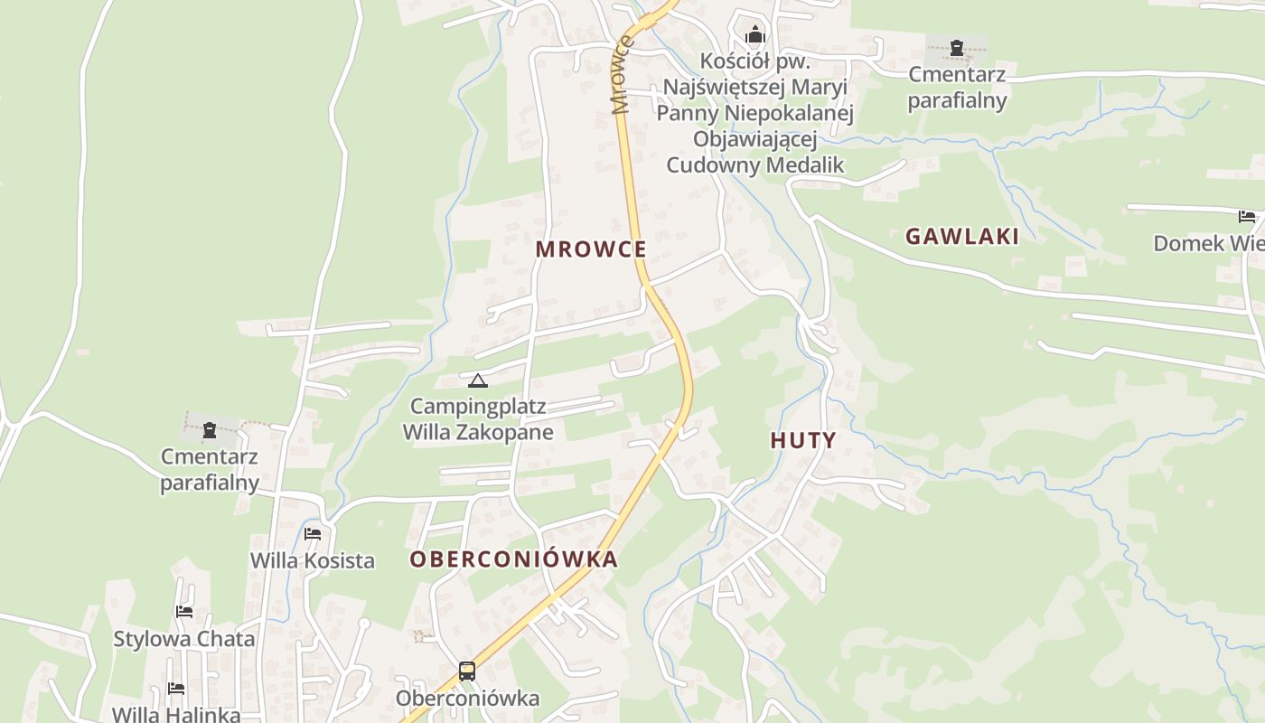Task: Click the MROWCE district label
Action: [591, 249]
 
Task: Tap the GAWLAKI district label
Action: [962, 237]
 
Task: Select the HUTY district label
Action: [803, 441]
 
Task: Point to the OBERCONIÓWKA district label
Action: [514, 559]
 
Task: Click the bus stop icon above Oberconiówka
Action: [467, 671]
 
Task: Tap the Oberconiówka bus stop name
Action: [467, 699]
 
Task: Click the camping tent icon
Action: [477, 380]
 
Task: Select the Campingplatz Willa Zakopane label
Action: [477, 419]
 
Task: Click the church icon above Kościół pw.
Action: [754, 36]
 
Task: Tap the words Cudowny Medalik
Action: [755, 165]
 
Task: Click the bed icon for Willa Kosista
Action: [313, 534]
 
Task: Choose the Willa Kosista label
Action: [313, 560]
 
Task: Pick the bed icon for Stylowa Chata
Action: [184, 612]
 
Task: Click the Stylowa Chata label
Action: [184, 639]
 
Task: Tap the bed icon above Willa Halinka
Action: [176, 689]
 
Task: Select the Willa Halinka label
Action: [176, 714]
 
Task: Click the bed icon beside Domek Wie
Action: [1247, 217]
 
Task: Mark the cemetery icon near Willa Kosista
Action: [210, 430]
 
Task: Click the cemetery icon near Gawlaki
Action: [957, 48]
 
